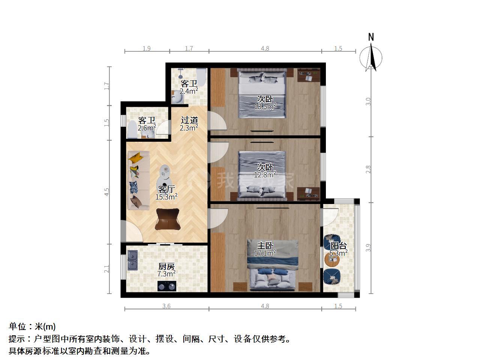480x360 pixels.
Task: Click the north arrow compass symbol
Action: (371, 57)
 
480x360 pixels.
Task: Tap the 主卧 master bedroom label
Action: (265, 246)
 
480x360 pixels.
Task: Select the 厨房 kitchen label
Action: (166, 267)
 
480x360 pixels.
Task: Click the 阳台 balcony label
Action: (338, 246)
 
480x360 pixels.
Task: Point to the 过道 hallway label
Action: (189, 120)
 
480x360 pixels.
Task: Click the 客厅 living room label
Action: (166, 189)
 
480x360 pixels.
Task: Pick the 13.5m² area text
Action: (265, 106)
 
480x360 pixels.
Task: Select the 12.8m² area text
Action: (265, 174)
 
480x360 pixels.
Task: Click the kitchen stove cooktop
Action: (167, 286)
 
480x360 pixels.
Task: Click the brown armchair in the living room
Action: (168, 219)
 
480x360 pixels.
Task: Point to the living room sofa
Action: (139, 180)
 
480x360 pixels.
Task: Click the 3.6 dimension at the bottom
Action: (166, 306)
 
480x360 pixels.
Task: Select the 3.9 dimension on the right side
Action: (368, 247)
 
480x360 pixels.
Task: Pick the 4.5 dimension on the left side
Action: (106, 192)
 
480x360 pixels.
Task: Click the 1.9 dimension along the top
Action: (147, 48)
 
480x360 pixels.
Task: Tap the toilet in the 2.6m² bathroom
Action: (132, 130)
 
